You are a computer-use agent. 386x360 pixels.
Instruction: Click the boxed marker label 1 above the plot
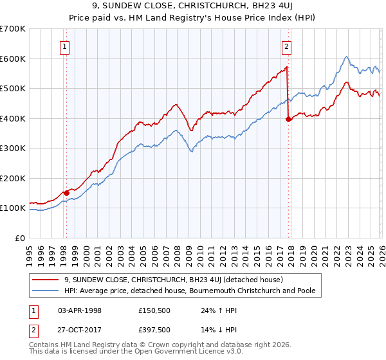(x=66, y=46)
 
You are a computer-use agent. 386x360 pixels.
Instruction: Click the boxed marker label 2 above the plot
(x=286, y=46)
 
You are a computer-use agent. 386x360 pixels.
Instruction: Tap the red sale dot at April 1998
(x=66, y=193)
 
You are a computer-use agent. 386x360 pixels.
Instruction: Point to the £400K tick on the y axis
(x=13, y=118)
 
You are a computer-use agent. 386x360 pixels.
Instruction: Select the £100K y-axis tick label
(x=13, y=208)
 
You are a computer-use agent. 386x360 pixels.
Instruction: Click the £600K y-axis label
(x=13, y=59)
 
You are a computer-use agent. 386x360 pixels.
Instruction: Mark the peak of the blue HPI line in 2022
(x=346, y=57)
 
